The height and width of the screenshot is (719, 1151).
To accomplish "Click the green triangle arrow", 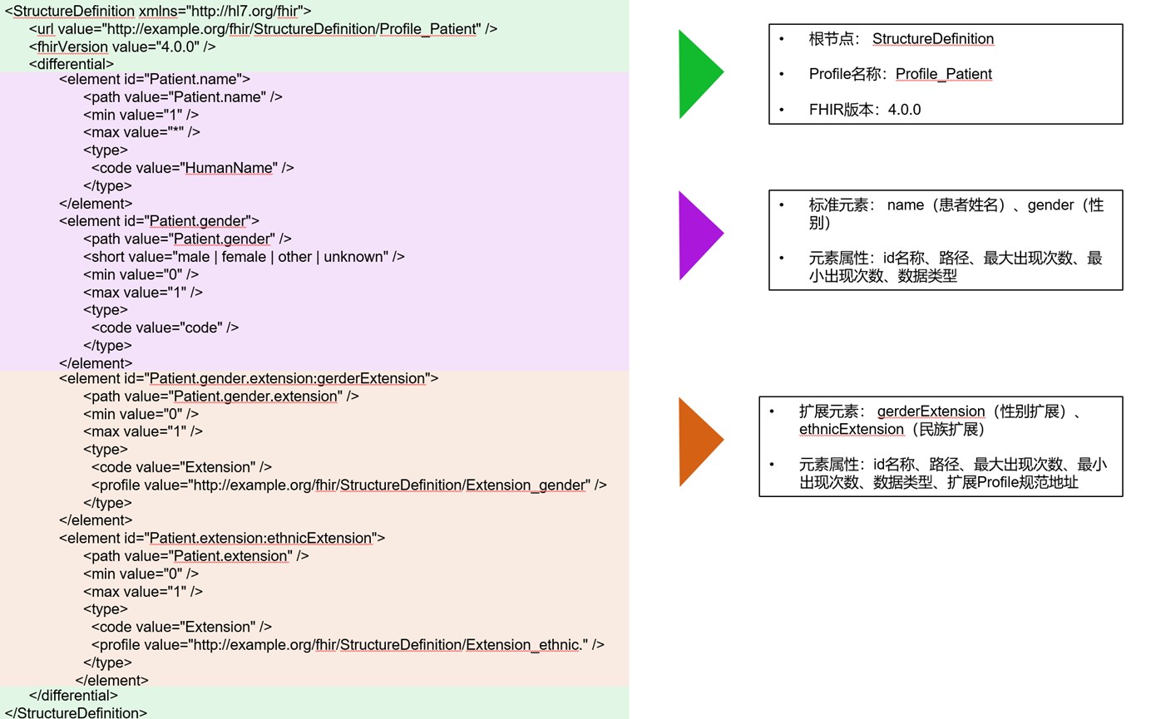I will pyautogui.click(x=699, y=73).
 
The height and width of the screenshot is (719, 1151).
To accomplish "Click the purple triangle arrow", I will pyautogui.click(x=699, y=235).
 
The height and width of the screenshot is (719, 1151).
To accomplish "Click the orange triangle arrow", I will pyautogui.click(x=699, y=441).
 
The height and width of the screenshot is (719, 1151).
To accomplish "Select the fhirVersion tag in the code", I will pyautogui.click(x=72, y=47).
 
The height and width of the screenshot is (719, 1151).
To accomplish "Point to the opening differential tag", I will pyautogui.click(x=71, y=64).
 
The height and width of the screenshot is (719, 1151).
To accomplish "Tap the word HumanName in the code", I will pyautogui.click(x=229, y=168).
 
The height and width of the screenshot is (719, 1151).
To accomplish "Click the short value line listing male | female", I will pyautogui.click(x=244, y=257).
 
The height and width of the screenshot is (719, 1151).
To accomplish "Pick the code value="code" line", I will pyautogui.click(x=165, y=327).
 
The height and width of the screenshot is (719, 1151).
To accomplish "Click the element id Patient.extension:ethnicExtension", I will pyautogui.click(x=260, y=538).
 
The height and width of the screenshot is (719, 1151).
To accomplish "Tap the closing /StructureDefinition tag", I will pyautogui.click(x=76, y=712).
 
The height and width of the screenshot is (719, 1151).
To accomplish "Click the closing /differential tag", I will pyautogui.click(x=73, y=695).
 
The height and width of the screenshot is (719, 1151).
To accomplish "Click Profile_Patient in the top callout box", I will pyautogui.click(x=943, y=74).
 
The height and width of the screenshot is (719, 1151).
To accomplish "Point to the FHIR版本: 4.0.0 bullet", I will pyautogui.click(x=864, y=110).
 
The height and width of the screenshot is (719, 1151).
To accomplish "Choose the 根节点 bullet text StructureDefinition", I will pyautogui.click(x=932, y=39).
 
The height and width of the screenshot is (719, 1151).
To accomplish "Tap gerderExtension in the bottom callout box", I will pyautogui.click(x=931, y=411).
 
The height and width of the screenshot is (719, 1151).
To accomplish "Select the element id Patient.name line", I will pyautogui.click(x=155, y=79).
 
